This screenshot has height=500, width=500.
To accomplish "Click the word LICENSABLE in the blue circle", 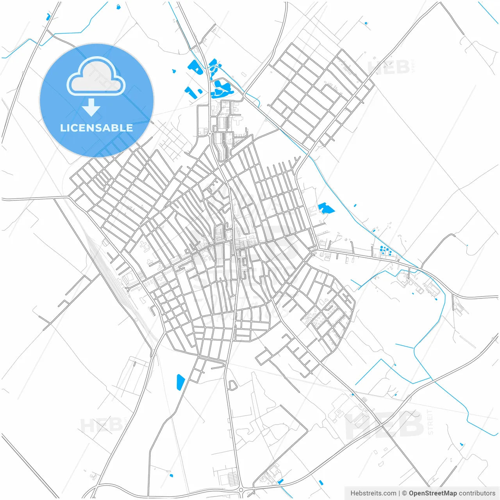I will pos(96,128).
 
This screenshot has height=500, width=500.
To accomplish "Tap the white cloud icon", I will pos(96,77).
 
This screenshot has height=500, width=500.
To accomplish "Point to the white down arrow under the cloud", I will pos(91,107).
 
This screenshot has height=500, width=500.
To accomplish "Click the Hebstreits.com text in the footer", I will pos(373,493).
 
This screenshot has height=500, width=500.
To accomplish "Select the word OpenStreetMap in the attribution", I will pos(432,493).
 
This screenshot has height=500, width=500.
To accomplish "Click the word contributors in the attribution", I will pos(477,493).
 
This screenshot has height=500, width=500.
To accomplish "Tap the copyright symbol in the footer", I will pos(405,493).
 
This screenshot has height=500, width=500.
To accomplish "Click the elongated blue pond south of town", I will pos(180,382).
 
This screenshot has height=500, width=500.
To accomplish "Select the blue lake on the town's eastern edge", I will pos(325,208).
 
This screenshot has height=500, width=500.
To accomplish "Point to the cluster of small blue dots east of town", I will pos(386,250).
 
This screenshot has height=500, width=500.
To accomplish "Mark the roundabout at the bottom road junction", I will pos(241,490).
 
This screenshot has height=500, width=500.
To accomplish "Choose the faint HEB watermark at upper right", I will pos(389,67).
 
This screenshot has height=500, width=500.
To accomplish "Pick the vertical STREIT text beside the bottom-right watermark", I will pos(430,422).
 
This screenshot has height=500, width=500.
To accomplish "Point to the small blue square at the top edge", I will pos(118,7).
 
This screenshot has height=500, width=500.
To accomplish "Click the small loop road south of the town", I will pos(232,385).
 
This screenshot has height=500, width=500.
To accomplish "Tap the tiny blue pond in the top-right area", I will pos(366,23).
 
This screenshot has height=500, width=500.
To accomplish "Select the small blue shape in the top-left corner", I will pos(48,17).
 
